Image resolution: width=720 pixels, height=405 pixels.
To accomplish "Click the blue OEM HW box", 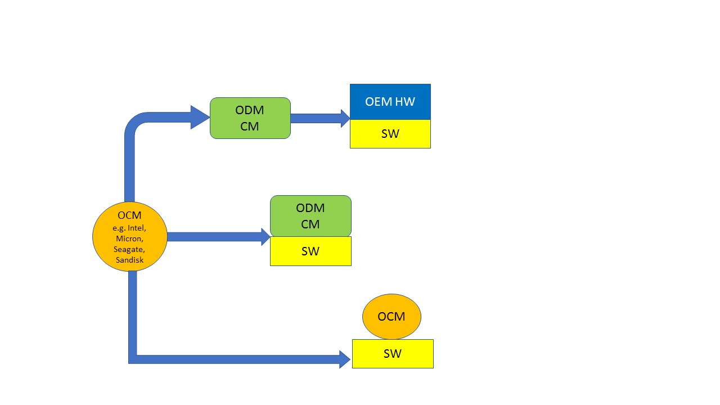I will coord(390,102).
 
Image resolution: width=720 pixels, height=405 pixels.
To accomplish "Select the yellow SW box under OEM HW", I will coord(390,134).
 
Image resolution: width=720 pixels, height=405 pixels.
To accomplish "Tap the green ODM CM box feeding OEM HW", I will coord(250,118).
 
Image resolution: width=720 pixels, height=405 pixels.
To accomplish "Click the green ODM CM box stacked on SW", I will coord(310,216).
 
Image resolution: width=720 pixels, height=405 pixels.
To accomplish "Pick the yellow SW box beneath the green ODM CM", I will coord(310,251).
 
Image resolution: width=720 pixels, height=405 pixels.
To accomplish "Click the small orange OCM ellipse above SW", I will coord(391,316).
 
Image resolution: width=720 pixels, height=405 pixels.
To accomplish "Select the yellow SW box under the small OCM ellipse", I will coord(393,354).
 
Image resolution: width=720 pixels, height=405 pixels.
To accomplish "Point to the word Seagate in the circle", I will coord(129,249).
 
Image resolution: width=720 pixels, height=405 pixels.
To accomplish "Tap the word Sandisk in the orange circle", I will coord(129,260).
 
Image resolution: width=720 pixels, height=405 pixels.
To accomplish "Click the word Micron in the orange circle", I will coord(129,238).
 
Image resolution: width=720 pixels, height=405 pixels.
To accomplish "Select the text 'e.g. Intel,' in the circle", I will coord(129,228).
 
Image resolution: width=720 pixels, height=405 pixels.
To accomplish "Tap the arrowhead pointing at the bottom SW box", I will coord(345,359).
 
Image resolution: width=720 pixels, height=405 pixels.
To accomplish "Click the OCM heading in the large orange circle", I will coord(129,215).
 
